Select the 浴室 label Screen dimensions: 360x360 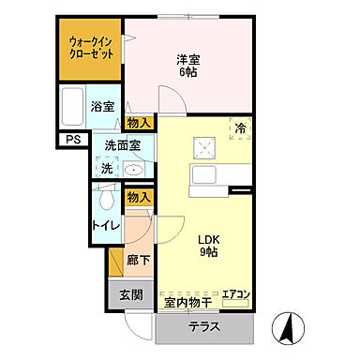pos(102,106)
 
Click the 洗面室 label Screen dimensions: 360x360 pos(122,145)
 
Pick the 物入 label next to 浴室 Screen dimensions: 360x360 pos(139,123)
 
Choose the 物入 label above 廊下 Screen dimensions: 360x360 pos(139,197)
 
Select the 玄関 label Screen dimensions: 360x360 pos(131,294)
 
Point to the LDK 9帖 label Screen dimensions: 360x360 pos(210,245)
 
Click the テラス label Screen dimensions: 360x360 pos(203,328)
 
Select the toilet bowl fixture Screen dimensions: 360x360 pos(105,199)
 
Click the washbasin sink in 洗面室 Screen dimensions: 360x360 pos(132,170)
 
